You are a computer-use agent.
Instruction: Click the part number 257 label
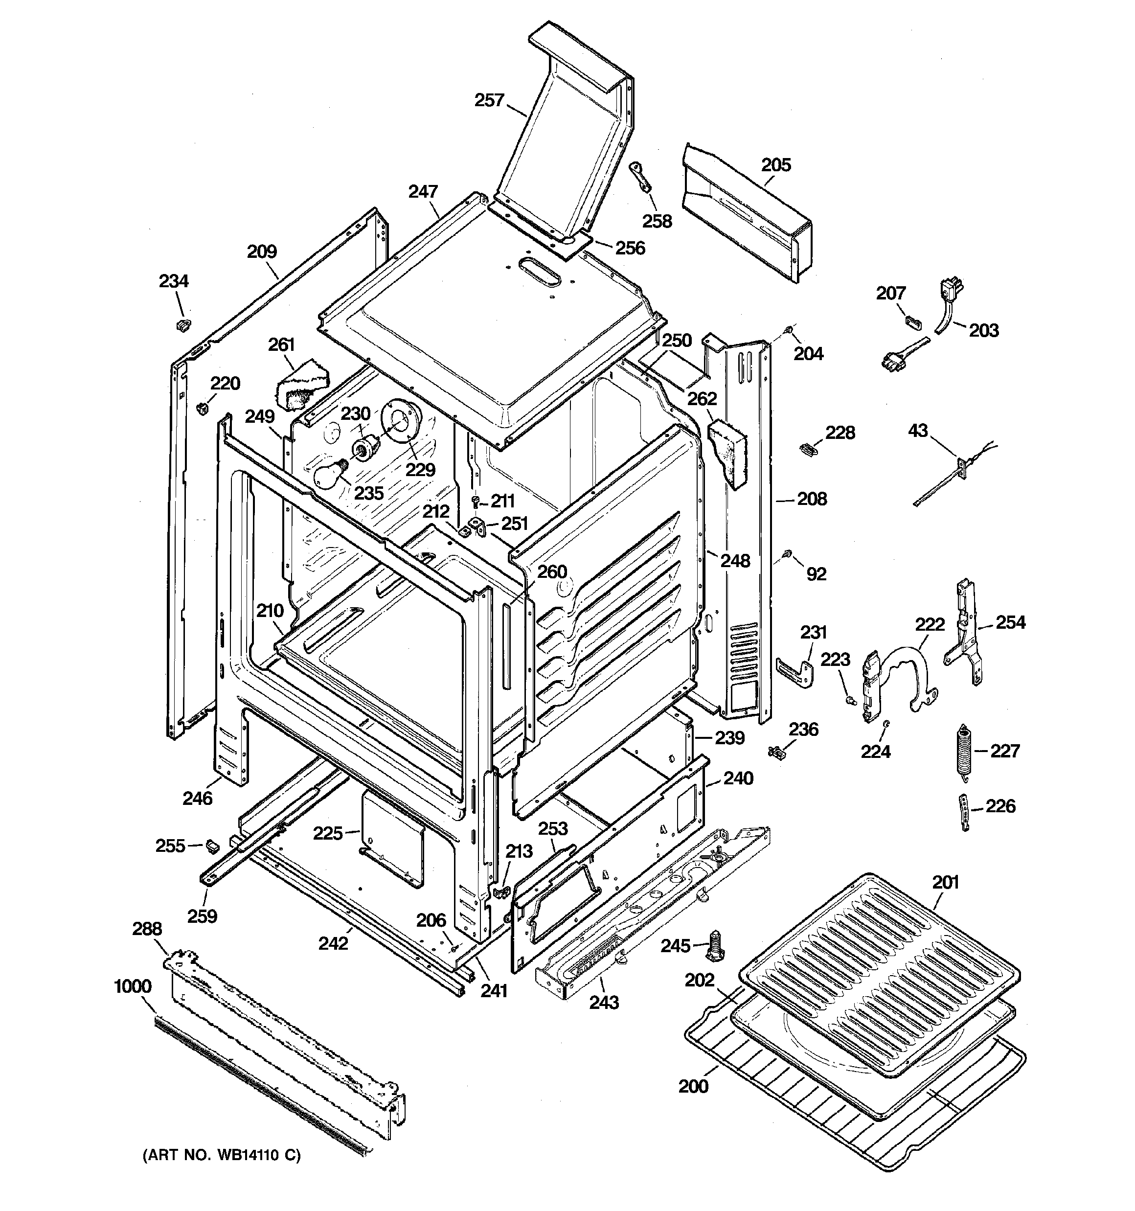pos(489,100)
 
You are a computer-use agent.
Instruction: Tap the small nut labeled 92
pos(788,554)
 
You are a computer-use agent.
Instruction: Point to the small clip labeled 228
pos(807,450)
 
